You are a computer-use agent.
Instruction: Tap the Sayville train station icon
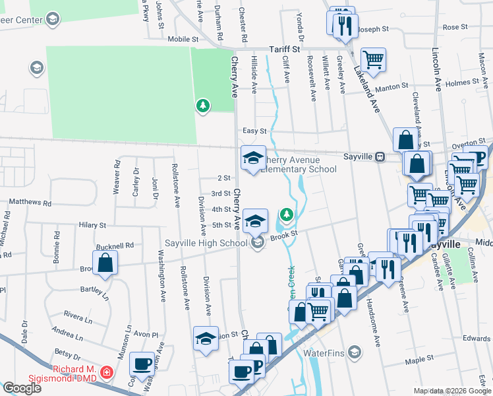tap(380, 157)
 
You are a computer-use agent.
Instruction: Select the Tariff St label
tap(284, 49)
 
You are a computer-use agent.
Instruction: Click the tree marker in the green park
tap(203, 105)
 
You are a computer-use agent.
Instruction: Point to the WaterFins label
tap(324, 352)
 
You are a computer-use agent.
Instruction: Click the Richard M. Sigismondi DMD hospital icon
tap(107, 374)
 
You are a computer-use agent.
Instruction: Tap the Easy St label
tap(254, 131)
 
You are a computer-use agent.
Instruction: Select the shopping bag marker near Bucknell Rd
tap(105, 263)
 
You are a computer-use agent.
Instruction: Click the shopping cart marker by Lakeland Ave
tap(373, 60)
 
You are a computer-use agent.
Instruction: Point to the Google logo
tap(22, 387)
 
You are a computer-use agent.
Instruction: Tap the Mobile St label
tap(183, 39)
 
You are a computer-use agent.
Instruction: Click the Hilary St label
tap(92, 225)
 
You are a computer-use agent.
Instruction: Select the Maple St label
tap(419, 359)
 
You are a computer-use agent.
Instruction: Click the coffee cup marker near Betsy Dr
tap(141, 364)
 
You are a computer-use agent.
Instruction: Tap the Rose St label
tap(455, 27)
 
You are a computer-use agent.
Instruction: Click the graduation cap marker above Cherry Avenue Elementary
tap(253, 158)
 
